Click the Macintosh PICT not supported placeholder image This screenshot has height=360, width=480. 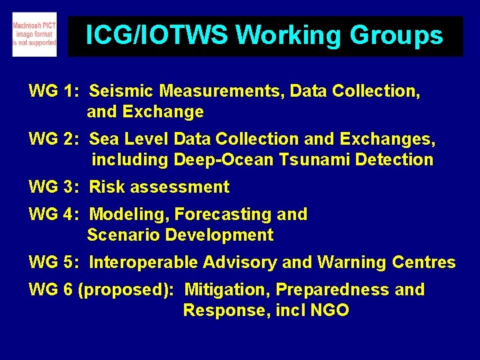point(34,35)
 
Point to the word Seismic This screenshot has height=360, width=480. point(119,91)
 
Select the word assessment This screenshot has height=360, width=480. point(179,187)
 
